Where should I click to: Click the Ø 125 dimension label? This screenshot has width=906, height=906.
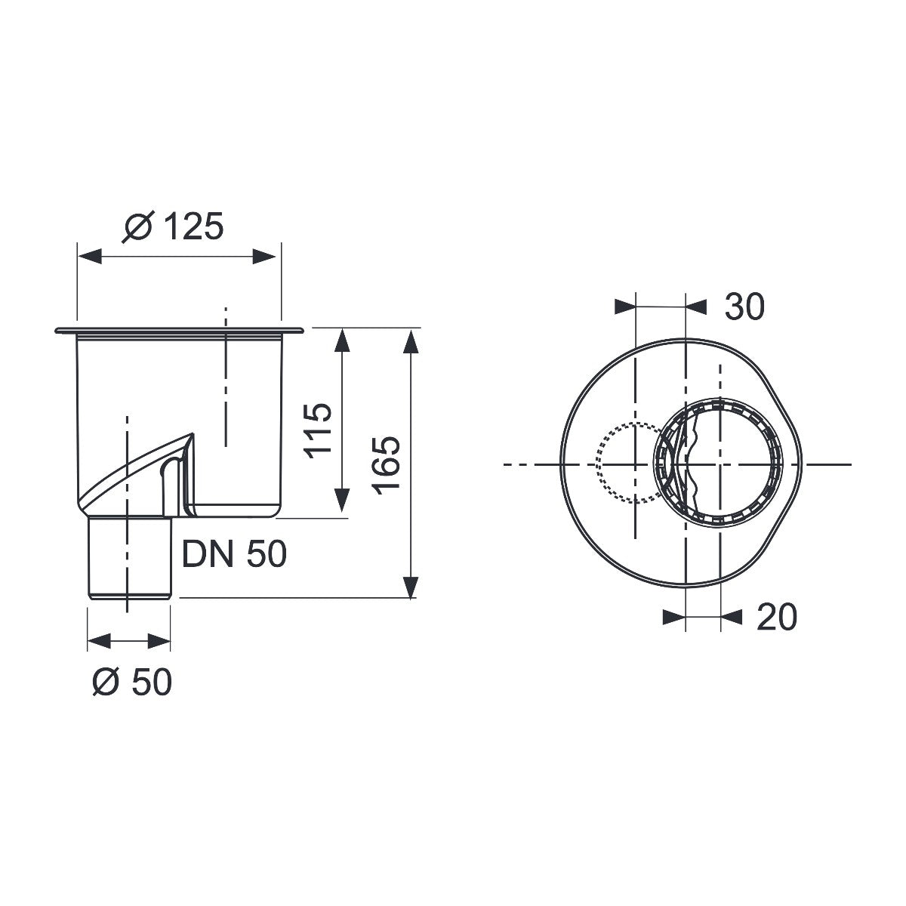pos(173,226)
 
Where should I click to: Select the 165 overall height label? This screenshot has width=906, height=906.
pos(386,466)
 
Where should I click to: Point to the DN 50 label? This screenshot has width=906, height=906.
pos(234,554)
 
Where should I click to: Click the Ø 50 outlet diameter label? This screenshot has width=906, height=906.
pos(132,682)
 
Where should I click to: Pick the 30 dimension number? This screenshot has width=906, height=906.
pos(744,307)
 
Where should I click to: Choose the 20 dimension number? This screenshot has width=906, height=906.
pos(777,616)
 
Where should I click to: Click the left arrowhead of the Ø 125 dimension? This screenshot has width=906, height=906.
pos(90,257)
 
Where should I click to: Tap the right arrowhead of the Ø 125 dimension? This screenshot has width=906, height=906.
pos(263,257)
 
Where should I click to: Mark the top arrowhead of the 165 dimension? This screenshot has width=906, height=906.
pos(411,341)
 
